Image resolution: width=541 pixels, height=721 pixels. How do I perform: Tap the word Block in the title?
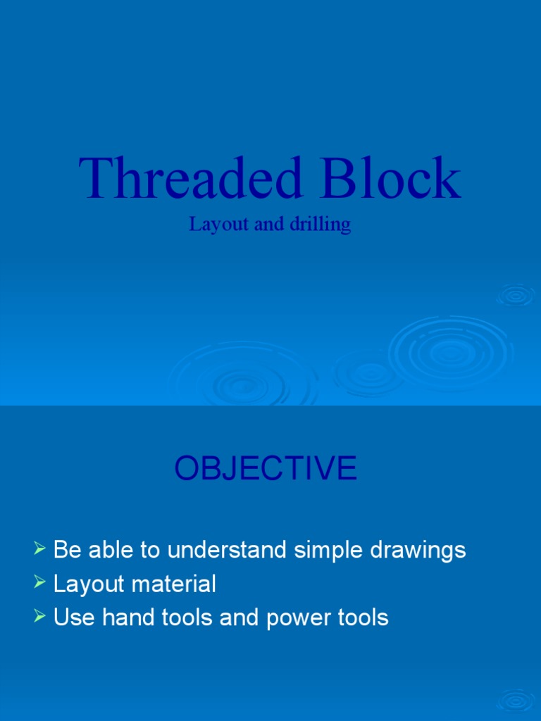[392, 179]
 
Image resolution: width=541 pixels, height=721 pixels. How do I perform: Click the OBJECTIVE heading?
[266, 468]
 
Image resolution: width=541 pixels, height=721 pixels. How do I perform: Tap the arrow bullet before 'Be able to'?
[40, 547]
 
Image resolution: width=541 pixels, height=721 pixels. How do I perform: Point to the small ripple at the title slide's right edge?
[516, 294]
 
